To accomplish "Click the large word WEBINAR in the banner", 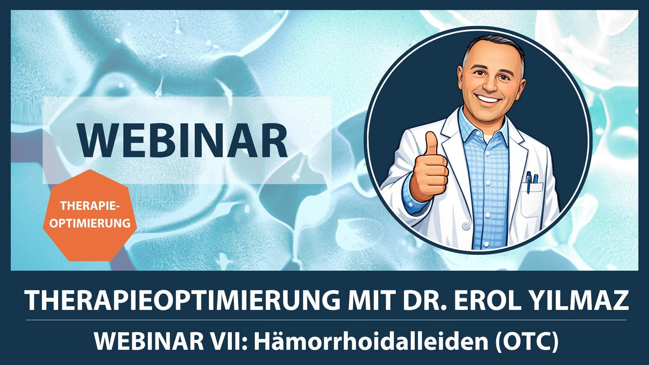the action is (183, 140).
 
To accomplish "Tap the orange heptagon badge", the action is (90, 216).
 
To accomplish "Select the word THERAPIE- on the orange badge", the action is (90, 205).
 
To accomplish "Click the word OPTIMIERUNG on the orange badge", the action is (90, 223).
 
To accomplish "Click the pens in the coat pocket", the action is (532, 181).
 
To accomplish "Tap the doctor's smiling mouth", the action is (488, 100).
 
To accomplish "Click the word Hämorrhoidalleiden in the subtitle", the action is (371, 341).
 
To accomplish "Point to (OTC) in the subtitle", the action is (527, 342).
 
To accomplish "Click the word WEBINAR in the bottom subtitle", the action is (149, 341).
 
